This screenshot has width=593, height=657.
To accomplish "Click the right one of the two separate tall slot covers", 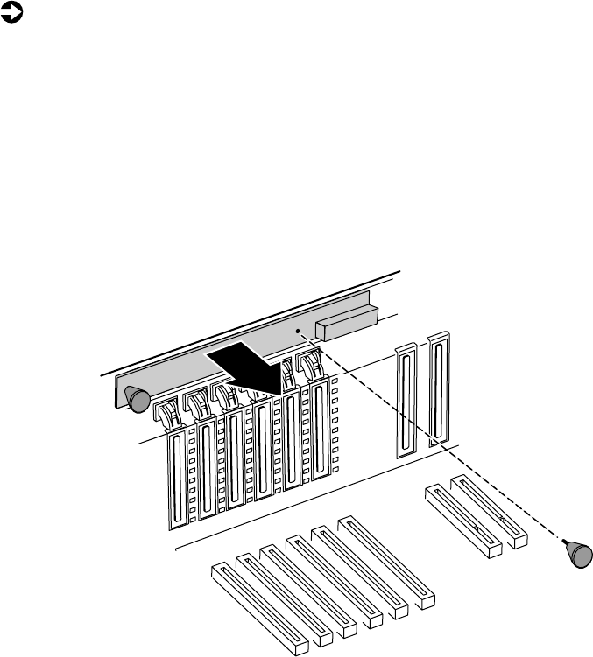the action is coord(438,389).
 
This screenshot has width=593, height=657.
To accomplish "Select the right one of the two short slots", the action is coord(488,507).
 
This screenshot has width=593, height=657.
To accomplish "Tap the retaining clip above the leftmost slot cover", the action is coord(166,411).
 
